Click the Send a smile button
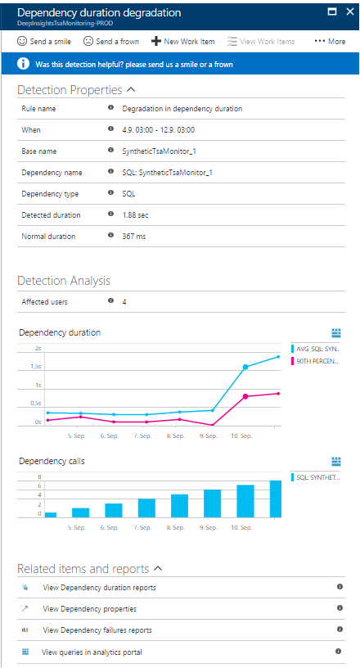[x=44, y=41]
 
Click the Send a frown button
[x=110, y=41]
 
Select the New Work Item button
[x=183, y=41]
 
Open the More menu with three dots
[x=330, y=41]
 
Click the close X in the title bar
[x=350, y=12]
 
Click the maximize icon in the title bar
[x=332, y=12]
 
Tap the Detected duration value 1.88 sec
[x=136, y=215]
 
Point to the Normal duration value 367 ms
[x=134, y=237]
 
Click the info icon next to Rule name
[x=110, y=108]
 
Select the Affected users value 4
[x=124, y=302]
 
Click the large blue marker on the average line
[x=245, y=367]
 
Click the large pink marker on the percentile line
[x=245, y=396]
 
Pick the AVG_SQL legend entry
[x=316, y=349]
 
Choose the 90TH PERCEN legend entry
[x=316, y=361]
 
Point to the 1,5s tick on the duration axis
[x=36, y=367]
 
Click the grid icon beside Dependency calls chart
[x=336, y=462]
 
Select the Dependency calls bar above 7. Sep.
[x=146, y=508]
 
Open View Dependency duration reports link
[x=99, y=588]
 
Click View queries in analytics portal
[x=92, y=652]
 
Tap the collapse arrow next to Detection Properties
[x=131, y=90]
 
